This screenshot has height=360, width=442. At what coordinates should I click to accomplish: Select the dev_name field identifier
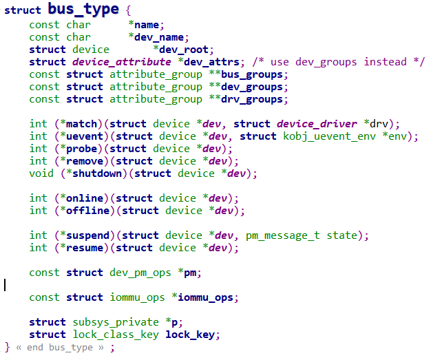click(x=162, y=37)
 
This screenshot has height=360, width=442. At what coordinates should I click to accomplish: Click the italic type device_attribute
click(x=112, y=62)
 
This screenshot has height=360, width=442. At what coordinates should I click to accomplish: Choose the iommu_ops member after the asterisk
click(x=209, y=297)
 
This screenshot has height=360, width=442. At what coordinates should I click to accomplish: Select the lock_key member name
click(x=192, y=335)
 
